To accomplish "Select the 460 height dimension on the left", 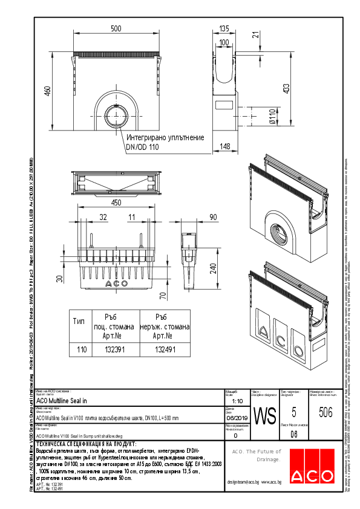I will pyautogui.click(x=46, y=91).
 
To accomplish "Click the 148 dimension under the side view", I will pyautogui.click(x=224, y=146).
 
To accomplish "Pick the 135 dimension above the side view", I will pyautogui.click(x=224, y=29).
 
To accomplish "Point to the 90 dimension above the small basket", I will pyautogui.click(x=212, y=216).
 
